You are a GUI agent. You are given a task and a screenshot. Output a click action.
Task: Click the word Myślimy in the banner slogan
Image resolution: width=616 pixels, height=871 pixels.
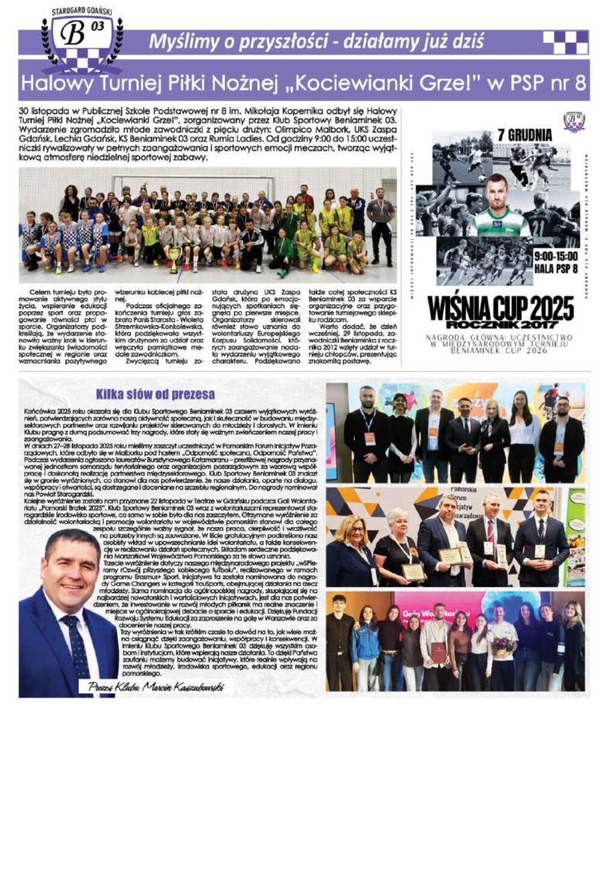(175, 42)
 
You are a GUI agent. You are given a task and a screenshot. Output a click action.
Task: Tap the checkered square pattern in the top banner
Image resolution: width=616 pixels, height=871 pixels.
(565, 43)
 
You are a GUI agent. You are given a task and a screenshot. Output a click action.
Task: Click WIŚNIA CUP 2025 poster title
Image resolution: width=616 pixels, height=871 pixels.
(500, 307)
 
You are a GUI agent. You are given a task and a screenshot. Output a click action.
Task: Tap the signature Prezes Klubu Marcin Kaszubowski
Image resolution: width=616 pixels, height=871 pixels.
(155, 687)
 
